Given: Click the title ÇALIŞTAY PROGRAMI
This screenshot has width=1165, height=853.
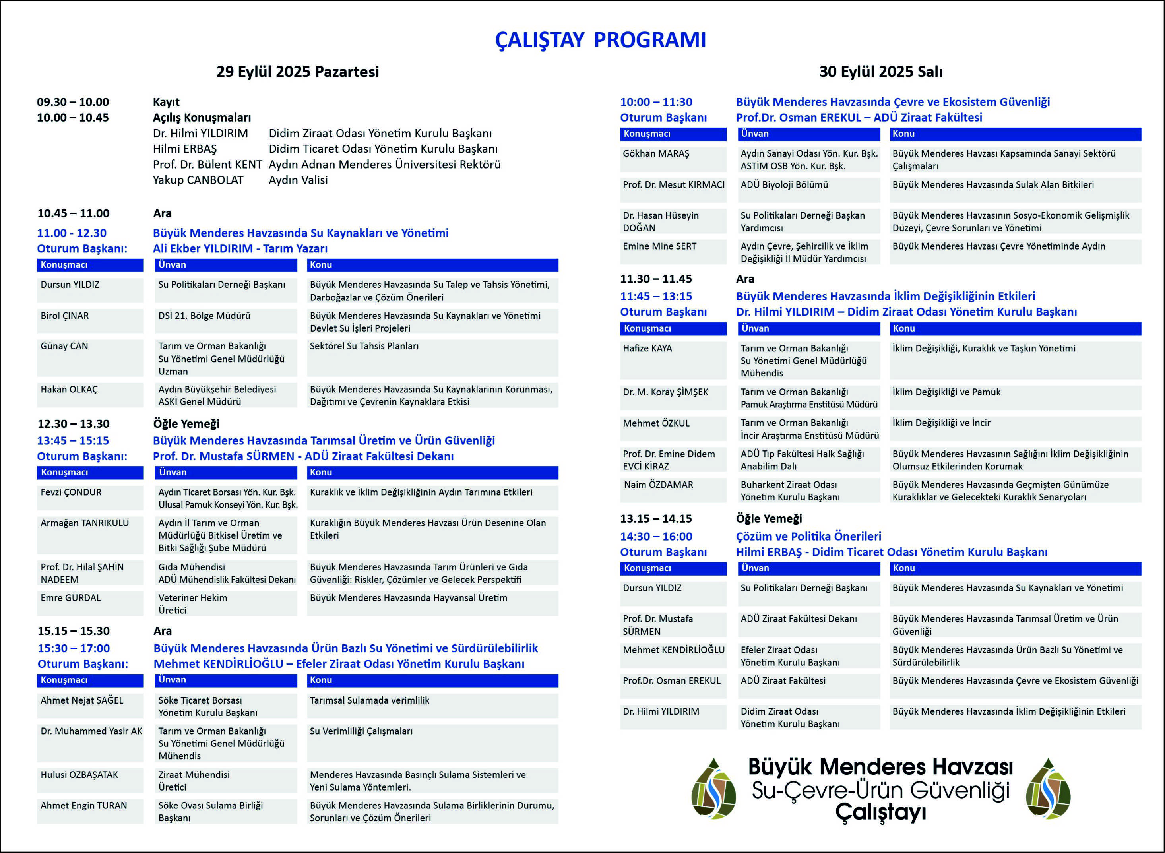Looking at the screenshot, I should click(600, 40).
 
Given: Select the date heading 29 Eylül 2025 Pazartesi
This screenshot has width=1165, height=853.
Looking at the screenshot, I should click(297, 72).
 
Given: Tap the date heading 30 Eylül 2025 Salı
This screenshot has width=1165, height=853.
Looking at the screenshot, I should click(880, 72).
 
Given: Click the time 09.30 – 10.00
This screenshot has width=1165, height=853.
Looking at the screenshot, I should click(73, 102).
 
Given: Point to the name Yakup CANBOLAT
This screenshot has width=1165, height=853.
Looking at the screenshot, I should click(198, 180).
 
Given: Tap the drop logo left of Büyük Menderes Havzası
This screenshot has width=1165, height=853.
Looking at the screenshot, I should click(713, 789).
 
